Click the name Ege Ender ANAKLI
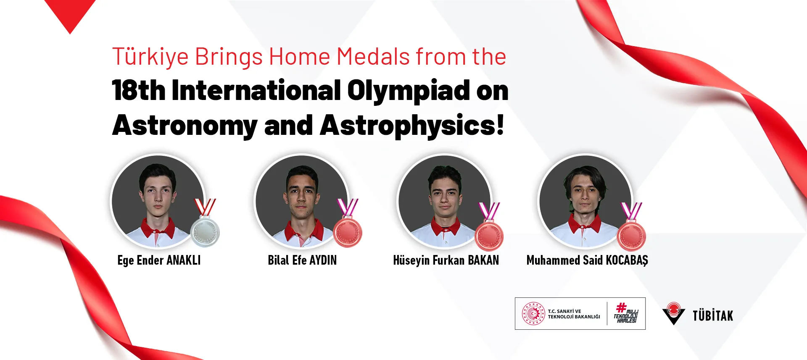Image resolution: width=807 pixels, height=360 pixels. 159,260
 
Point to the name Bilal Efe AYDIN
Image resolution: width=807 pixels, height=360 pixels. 302,260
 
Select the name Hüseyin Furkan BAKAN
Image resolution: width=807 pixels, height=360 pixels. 446,260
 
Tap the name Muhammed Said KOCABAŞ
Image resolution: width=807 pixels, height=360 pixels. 587,260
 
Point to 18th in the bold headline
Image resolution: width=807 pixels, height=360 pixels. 139,90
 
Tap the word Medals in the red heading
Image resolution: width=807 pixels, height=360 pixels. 373,57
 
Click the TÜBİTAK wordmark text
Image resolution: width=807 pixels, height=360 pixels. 713,315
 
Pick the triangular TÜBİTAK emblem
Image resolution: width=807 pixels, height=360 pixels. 674,313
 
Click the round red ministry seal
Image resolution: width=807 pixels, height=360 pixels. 533,314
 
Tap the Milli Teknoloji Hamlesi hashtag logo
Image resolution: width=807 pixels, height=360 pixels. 626,313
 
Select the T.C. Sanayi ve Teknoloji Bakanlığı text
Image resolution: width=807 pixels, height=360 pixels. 574,314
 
